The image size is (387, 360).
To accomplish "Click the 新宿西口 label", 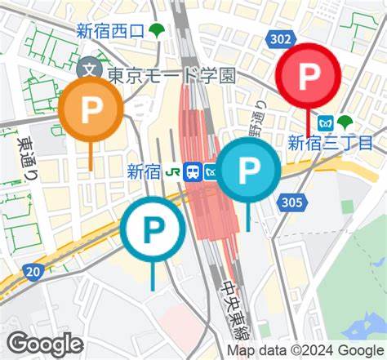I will coord(110,31).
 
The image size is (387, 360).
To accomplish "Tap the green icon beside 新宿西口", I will coord(156,31).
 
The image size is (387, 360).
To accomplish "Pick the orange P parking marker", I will coord(91,110).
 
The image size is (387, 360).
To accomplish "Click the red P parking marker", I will coord(308,77).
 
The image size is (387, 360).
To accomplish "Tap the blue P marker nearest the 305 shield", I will coord(248,170).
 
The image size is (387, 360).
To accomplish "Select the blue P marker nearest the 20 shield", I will coord(153,229).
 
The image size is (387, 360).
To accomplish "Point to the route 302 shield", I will coord(280,38).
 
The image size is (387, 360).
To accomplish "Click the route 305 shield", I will coord(292,202).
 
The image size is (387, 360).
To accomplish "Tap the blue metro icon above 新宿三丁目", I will coord(326,123).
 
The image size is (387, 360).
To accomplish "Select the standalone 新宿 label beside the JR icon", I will coord(144,171).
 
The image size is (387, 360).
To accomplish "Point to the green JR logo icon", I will coord(173,171).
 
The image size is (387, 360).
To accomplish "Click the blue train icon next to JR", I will coord(193,171).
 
